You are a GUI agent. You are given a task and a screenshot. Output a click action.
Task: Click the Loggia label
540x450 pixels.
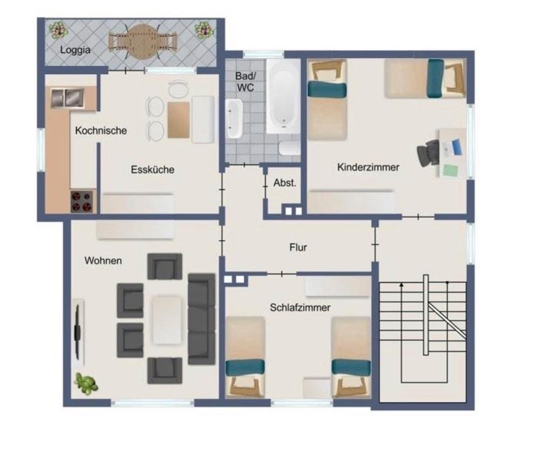[75, 49]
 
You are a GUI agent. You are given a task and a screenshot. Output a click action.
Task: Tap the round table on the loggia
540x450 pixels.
[142, 41]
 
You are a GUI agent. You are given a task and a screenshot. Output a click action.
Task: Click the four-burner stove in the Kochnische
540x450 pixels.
[82, 201]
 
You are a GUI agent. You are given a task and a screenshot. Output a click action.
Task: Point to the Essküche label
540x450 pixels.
[152, 169]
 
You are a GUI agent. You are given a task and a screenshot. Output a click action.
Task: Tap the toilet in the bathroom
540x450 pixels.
[290, 148]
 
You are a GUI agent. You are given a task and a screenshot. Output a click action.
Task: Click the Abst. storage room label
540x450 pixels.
[285, 183]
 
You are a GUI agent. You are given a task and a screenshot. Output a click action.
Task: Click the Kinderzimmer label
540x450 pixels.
[368, 167]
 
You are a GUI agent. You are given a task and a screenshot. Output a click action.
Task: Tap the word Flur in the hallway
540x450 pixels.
[298, 247]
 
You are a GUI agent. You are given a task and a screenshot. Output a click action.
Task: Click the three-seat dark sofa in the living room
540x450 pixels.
[201, 319]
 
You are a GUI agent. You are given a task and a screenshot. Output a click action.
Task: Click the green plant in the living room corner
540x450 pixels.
[86, 383]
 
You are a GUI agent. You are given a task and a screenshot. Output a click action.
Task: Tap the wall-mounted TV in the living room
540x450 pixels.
[78, 332]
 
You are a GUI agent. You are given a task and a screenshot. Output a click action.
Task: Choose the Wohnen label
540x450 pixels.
[103, 260]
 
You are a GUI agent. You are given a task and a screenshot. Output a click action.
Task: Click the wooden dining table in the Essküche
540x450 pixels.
[178, 120]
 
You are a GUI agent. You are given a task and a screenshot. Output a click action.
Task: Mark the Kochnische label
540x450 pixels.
[101, 130]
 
